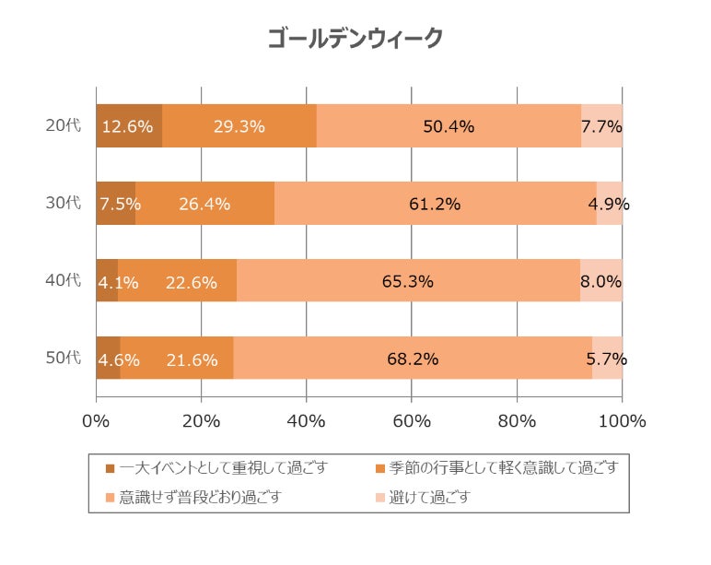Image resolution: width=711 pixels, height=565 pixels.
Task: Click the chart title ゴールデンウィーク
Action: click(x=355, y=39)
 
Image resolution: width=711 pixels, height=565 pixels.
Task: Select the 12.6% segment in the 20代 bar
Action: click(x=129, y=126)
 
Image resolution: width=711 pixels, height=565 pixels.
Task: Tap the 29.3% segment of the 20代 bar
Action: click(x=239, y=126)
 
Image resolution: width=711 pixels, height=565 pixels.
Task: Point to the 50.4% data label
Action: click(x=449, y=127)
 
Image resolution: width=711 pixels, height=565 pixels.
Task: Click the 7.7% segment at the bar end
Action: click(x=602, y=126)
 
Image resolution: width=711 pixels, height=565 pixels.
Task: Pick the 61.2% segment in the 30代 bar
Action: click(x=435, y=204)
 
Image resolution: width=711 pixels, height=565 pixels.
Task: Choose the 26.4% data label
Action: click(x=204, y=204)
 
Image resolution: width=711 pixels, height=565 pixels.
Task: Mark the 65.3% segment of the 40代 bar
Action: click(x=408, y=281)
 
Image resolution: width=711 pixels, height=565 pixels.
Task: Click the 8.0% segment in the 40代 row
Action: click(x=601, y=281)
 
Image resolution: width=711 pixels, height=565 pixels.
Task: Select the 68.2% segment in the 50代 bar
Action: click(x=413, y=359)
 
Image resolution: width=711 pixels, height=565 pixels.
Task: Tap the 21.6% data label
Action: click(x=192, y=359)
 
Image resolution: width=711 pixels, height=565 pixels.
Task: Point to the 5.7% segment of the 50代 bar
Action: click(x=608, y=359)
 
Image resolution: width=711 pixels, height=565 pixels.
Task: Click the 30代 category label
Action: click(x=64, y=204)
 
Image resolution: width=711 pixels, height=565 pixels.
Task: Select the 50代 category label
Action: click(x=64, y=359)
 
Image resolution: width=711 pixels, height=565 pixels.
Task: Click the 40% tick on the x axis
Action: click(x=307, y=421)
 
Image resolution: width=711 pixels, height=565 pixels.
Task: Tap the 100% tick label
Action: click(x=622, y=421)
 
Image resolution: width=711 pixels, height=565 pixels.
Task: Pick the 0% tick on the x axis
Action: click(x=96, y=421)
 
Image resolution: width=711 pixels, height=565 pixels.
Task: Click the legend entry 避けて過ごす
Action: click(x=429, y=498)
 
